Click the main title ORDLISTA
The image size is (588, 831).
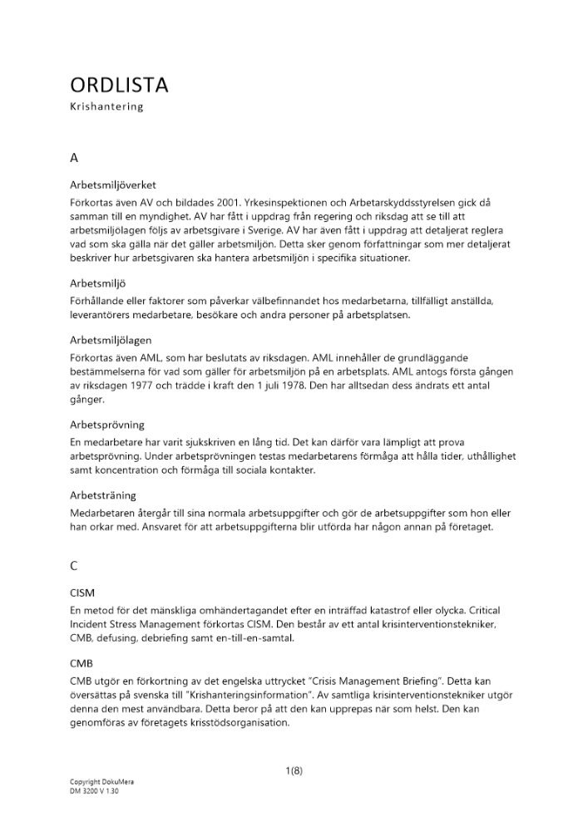coord(120,85)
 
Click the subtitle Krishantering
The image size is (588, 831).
coord(106,107)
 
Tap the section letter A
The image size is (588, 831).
coord(75,155)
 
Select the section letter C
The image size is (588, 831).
coord(75,566)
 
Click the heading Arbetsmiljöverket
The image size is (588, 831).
coord(113,184)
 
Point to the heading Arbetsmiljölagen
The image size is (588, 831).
coord(111,340)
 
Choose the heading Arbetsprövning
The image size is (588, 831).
coord(107,425)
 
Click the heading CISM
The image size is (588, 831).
coord(83,594)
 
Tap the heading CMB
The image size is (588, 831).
coord(82,664)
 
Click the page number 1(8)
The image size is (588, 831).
coord(294,770)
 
